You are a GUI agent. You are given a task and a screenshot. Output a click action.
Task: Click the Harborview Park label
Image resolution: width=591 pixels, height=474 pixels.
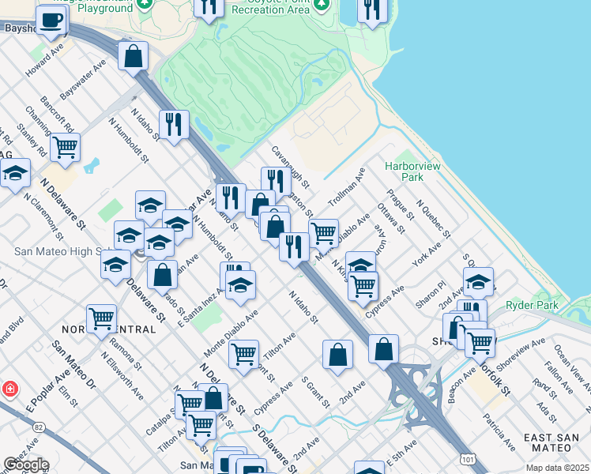point(406,172)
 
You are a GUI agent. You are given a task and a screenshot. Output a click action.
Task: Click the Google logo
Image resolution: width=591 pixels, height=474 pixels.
point(26,465)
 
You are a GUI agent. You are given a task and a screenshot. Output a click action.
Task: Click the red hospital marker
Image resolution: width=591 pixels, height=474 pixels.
point(9,389)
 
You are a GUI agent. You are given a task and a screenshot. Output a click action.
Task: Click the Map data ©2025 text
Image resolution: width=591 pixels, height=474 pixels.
point(557,468)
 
